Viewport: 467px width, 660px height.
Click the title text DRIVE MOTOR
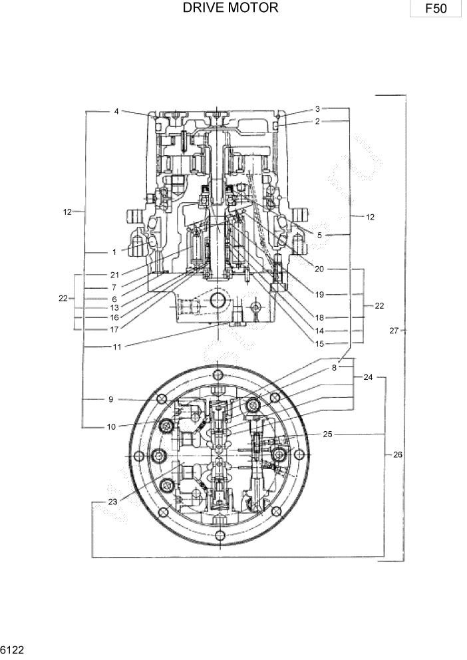230,9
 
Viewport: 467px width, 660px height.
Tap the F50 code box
436,9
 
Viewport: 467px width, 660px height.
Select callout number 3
318,108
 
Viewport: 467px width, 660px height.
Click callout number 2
318,121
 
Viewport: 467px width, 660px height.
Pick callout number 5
319,235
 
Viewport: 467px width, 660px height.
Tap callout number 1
114,252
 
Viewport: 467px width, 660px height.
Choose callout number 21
114,275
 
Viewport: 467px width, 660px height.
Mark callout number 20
319,269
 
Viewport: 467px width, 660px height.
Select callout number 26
397,455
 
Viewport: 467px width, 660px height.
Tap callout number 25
327,434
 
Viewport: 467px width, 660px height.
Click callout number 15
319,343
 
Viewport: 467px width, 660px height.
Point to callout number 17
114,328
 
